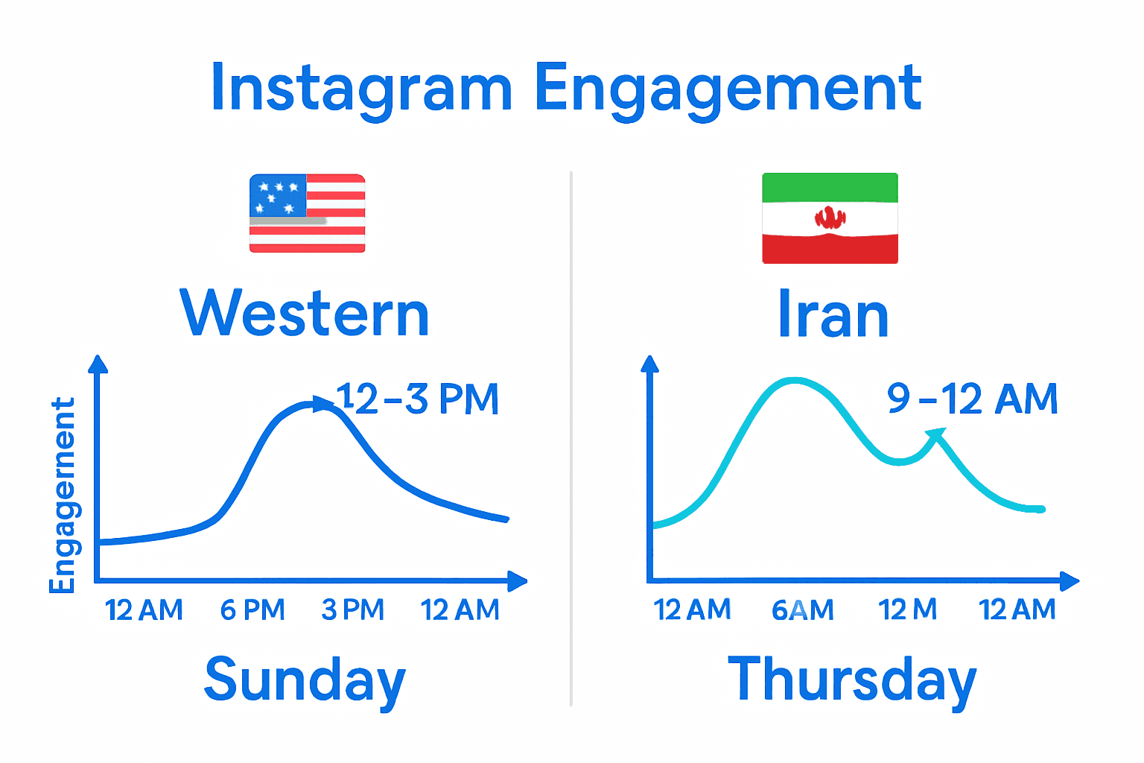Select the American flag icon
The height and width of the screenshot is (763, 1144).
(307, 214)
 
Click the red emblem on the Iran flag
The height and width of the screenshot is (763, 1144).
(830, 218)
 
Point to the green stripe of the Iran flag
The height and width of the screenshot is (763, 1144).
(830, 187)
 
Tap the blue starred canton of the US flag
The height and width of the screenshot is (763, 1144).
(277, 196)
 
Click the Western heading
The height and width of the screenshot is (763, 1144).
(305, 314)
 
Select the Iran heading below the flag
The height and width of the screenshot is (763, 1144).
(833, 314)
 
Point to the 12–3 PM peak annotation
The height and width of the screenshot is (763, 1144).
(417, 399)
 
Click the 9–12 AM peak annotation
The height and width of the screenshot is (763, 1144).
(972, 399)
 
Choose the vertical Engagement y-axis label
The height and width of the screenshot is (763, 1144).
(63, 496)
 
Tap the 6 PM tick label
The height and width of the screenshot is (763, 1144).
(252, 610)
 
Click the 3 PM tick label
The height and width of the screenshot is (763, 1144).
(352, 610)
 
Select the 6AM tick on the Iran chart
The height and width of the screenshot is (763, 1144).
(802, 610)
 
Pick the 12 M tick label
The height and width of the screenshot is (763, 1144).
(907, 610)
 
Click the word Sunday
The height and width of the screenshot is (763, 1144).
(305, 680)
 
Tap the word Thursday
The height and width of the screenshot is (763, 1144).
(851, 680)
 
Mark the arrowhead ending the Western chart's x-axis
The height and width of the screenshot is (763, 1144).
(518, 580)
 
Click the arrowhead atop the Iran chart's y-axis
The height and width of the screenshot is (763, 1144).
(650, 364)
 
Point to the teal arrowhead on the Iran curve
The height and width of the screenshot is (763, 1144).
(936, 434)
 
